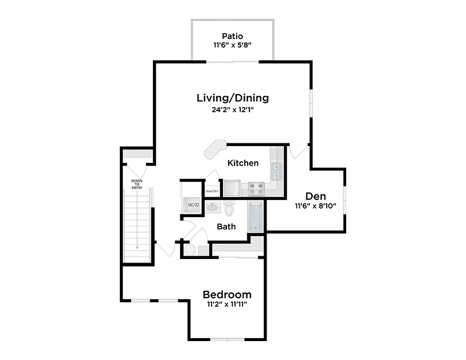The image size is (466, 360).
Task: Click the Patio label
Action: click(x=232, y=36)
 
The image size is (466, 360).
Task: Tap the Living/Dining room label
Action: click(x=232, y=97)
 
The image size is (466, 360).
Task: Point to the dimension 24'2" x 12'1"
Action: click(x=232, y=110)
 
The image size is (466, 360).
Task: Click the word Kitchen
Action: click(x=243, y=163)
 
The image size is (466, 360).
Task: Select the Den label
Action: click(x=316, y=195)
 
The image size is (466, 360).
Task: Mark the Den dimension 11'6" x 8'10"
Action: click(x=316, y=206)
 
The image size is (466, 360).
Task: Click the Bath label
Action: click(x=226, y=226)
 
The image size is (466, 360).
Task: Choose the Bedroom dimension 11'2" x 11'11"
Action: click(x=227, y=305)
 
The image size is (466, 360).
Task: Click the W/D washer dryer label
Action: click(x=193, y=205)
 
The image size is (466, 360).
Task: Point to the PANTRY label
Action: click(x=213, y=191)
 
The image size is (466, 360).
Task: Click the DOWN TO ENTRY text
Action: click(x=137, y=185)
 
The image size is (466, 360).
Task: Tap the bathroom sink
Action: click(x=212, y=206)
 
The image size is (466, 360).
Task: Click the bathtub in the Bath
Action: click(x=256, y=216)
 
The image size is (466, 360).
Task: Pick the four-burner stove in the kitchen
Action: click(x=256, y=186)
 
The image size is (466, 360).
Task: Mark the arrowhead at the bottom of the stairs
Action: click(x=137, y=247)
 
